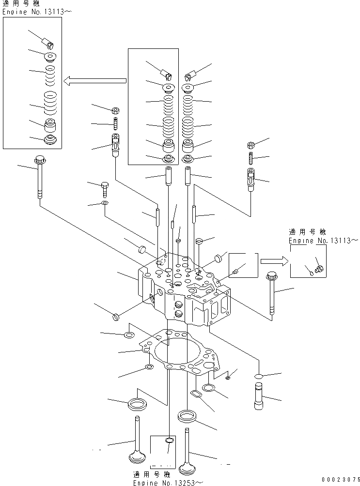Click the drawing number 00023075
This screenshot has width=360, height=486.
337,480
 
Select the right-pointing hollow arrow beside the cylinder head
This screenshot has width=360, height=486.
273,262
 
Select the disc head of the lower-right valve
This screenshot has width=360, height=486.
188,469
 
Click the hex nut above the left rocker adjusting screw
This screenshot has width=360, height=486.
116,110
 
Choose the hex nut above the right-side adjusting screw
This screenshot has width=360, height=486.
251,145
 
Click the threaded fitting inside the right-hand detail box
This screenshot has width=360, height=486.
318,267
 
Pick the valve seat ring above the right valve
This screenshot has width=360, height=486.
187,415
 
